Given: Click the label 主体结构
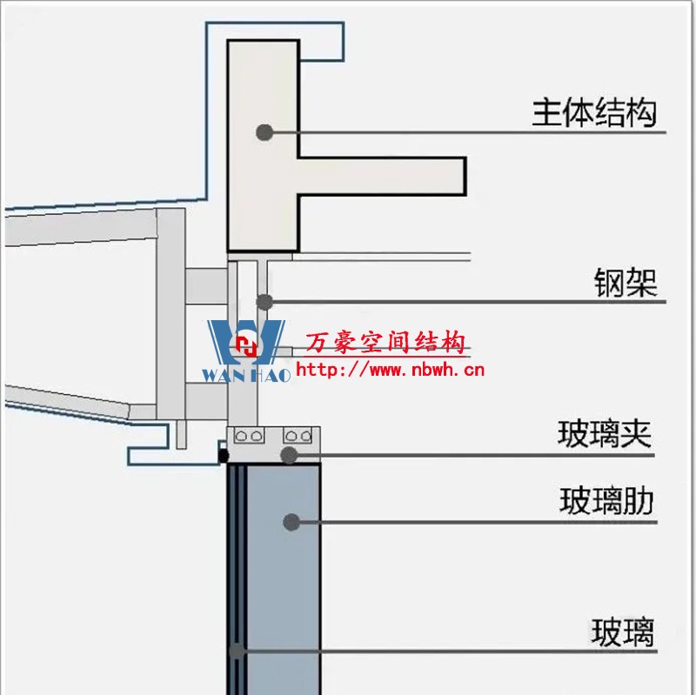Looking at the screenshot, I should [594, 113].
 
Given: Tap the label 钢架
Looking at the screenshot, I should [626, 284].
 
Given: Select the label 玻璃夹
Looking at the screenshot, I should [604, 433].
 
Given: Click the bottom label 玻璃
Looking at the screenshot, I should [622, 632].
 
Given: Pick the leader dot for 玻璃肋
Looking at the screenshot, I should [291, 522].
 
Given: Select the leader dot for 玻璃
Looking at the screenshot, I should [237, 650].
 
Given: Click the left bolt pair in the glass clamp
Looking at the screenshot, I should [252, 435].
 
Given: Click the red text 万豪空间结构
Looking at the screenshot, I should [385, 344].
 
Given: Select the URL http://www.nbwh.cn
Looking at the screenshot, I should [390, 371].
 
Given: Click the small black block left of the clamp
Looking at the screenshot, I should [223, 454].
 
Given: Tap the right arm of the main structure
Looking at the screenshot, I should [383, 174].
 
